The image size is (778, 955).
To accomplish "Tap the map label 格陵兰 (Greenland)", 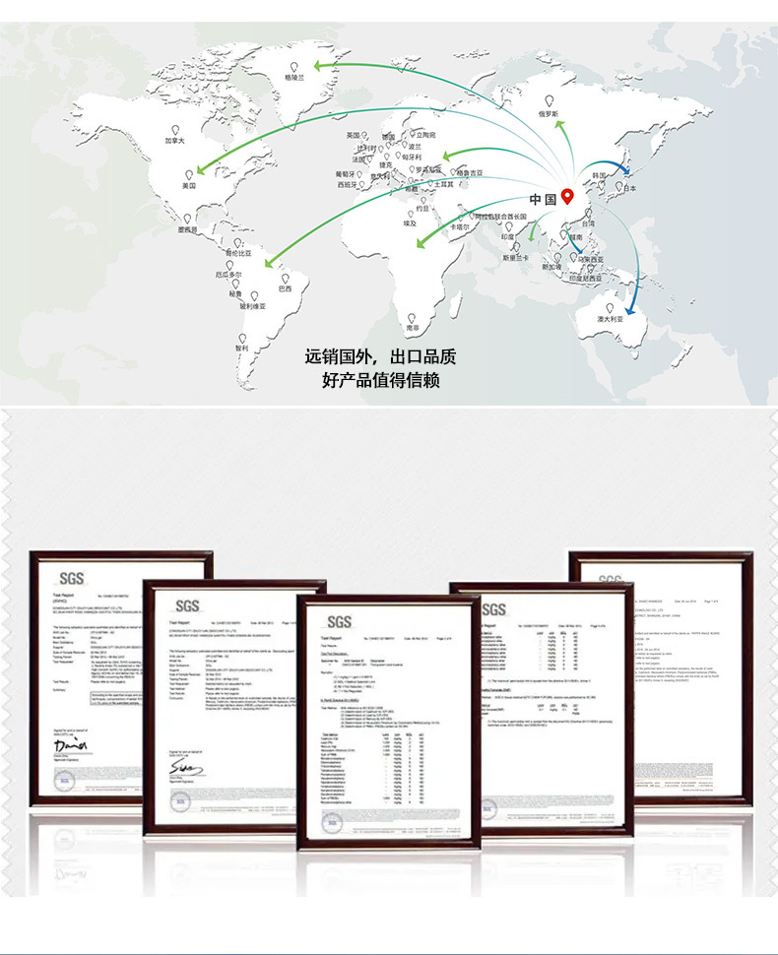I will tap(294, 76).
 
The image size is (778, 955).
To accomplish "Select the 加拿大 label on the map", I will tap(174, 141).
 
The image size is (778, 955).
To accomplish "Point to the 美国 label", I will tap(189, 185).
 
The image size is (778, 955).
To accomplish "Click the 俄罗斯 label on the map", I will tap(549, 114).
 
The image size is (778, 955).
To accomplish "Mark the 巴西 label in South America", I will tap(285, 288).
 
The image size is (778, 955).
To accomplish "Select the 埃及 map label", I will tap(411, 223).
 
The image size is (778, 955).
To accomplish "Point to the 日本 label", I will tap(630, 188).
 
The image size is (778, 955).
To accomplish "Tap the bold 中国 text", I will tap(543, 200).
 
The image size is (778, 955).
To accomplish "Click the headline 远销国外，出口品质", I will tap(380, 356).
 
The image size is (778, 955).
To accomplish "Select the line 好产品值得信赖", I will tap(380, 380).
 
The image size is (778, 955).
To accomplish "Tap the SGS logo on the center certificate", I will tap(340, 621).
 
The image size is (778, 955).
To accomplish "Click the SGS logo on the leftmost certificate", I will tap(71, 578).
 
